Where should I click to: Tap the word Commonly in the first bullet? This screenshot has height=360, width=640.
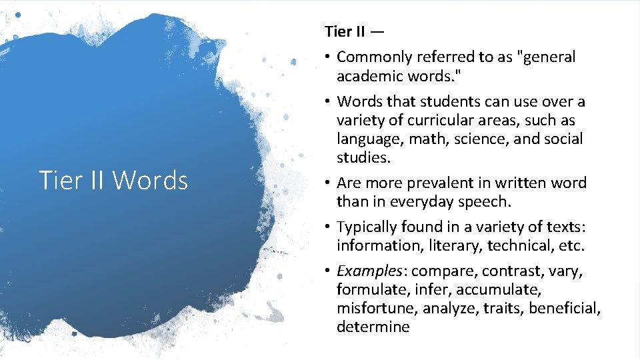(x=369, y=57)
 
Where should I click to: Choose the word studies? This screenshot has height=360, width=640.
(x=363, y=158)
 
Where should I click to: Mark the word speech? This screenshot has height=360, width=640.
(x=486, y=201)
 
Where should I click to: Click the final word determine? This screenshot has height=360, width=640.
(x=373, y=327)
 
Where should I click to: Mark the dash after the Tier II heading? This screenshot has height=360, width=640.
(x=377, y=31)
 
